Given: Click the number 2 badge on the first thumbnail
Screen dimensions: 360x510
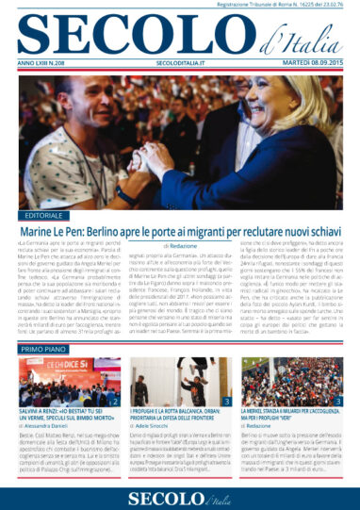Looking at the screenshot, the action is click(114, 402).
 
